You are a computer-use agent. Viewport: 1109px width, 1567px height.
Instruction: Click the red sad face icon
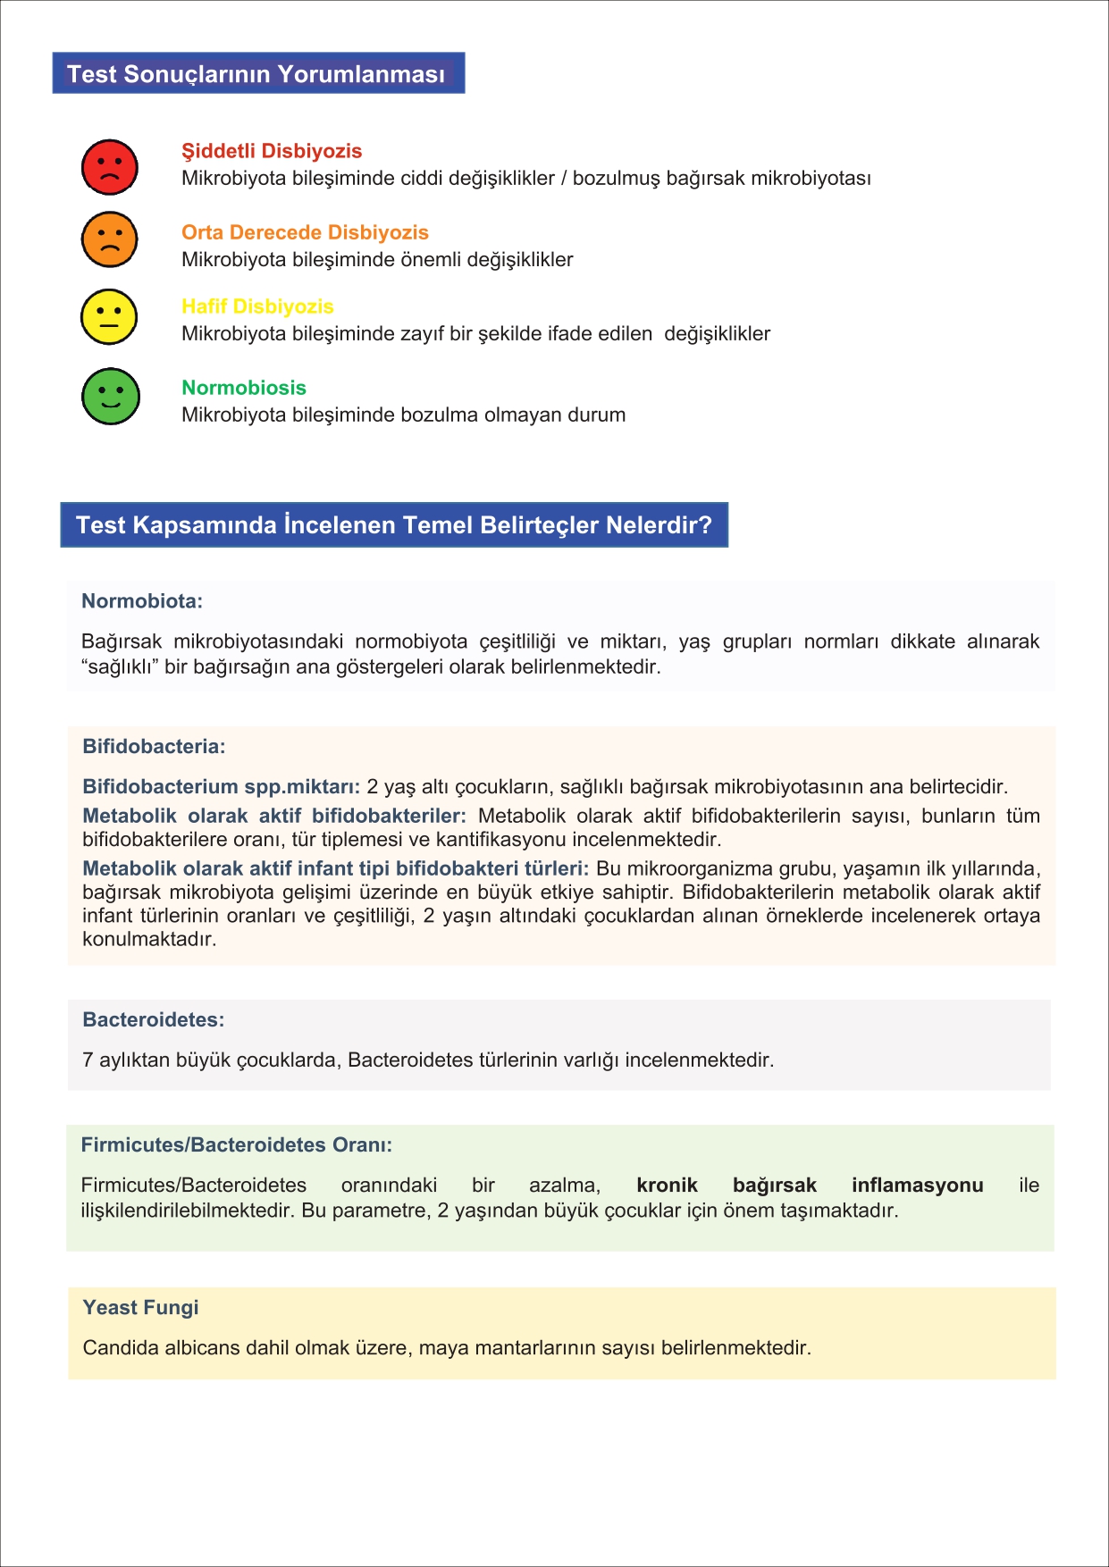[110, 167]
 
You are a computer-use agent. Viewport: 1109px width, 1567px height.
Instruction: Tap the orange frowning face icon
[110, 239]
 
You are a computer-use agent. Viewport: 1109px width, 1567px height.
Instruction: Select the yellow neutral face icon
[109, 317]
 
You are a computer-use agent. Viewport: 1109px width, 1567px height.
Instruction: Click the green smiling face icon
[111, 397]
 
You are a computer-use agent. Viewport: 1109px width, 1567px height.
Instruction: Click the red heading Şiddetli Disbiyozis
[272, 151]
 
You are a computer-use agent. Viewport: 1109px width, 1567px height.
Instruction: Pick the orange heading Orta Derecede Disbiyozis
[305, 232]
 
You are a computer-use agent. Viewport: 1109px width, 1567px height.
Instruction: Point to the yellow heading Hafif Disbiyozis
[257, 306]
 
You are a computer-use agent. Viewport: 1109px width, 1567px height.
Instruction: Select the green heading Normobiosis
[244, 388]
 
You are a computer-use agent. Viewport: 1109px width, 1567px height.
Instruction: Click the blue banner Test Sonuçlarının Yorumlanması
[258, 73]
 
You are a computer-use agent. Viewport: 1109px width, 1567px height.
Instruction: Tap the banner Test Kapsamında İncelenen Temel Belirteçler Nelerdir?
[394, 524]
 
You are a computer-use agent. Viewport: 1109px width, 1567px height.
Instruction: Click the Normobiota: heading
[142, 601]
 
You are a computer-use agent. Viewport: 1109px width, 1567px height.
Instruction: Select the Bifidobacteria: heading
[154, 747]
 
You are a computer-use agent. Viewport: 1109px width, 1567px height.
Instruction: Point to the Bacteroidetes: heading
[154, 1020]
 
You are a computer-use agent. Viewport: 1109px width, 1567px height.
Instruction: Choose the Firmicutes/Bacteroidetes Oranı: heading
[237, 1145]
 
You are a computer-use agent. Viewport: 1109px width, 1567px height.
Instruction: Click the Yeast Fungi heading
[140, 1308]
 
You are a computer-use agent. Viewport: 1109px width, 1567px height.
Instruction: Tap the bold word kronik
[667, 1186]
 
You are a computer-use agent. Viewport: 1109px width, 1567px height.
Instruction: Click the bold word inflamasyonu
[917, 1186]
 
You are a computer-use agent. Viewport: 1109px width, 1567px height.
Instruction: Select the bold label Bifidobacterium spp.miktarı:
[221, 787]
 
